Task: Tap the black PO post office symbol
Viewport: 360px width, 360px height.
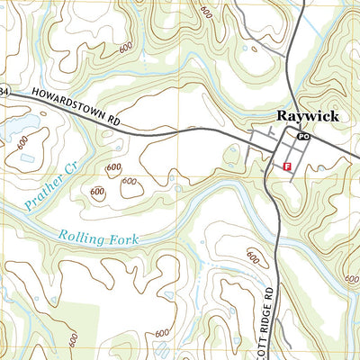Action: [303, 136]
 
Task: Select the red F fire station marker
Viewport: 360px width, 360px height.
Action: [287, 167]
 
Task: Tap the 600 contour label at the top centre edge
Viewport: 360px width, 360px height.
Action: [208, 11]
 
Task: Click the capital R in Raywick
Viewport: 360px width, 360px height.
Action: [280, 115]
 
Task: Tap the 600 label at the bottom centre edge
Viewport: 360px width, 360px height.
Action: [162, 334]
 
